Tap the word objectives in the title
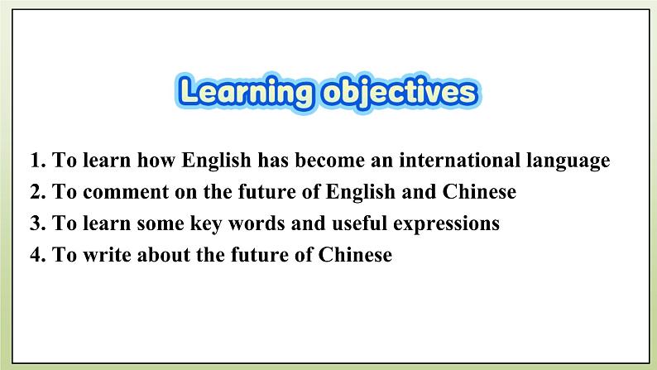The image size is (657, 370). pyautogui.click(x=396, y=92)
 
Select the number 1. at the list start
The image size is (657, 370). pyautogui.click(x=36, y=161)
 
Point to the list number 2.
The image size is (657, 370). pyautogui.click(x=36, y=192)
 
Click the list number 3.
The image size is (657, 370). pyautogui.click(x=36, y=223)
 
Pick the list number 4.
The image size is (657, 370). pyautogui.click(x=36, y=255)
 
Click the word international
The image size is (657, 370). pyautogui.click(x=454, y=161)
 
